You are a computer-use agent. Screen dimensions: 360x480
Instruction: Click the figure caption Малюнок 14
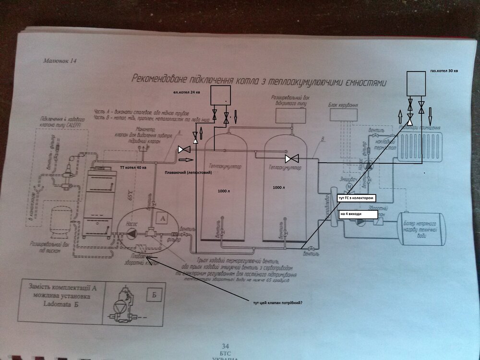(60, 61)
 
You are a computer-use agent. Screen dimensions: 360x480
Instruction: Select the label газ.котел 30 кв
(444, 71)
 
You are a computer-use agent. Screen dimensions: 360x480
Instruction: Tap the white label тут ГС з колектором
(355, 198)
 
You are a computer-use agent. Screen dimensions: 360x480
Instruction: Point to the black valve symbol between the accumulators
(291, 158)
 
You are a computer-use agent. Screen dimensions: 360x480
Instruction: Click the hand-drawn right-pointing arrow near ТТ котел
(187, 160)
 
